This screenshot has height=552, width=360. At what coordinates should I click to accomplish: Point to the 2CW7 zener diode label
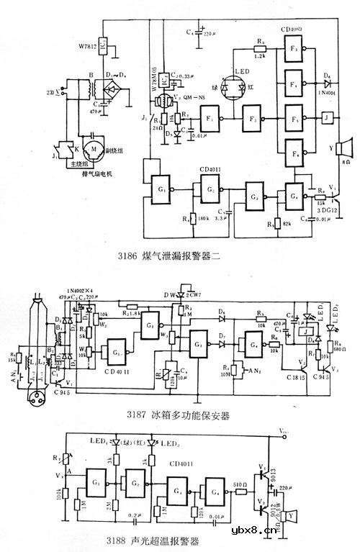(x=193, y=294)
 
